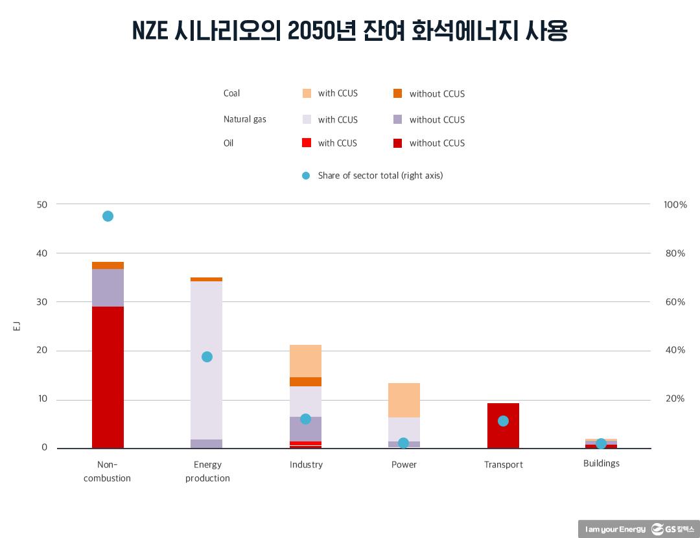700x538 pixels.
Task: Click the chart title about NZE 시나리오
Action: (x=349, y=30)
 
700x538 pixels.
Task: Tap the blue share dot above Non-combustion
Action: (x=108, y=216)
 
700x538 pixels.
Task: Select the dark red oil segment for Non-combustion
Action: (x=108, y=376)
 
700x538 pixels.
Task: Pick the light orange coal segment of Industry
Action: (x=305, y=360)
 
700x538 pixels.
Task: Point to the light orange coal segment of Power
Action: (x=404, y=400)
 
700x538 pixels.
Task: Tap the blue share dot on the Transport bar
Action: (x=503, y=421)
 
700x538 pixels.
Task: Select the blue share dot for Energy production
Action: (x=207, y=357)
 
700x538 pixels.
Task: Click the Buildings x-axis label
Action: (x=601, y=463)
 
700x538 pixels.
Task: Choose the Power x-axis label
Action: (x=404, y=465)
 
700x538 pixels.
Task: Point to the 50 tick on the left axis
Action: (x=42, y=204)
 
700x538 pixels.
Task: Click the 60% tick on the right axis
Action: (x=675, y=302)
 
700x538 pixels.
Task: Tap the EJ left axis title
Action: (x=17, y=326)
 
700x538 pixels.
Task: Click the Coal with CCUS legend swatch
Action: (x=307, y=93)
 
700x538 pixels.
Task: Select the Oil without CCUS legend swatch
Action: (x=397, y=143)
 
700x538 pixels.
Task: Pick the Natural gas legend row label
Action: (x=244, y=119)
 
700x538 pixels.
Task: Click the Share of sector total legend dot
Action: (x=306, y=176)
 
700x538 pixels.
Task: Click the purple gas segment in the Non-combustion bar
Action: (x=108, y=288)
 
